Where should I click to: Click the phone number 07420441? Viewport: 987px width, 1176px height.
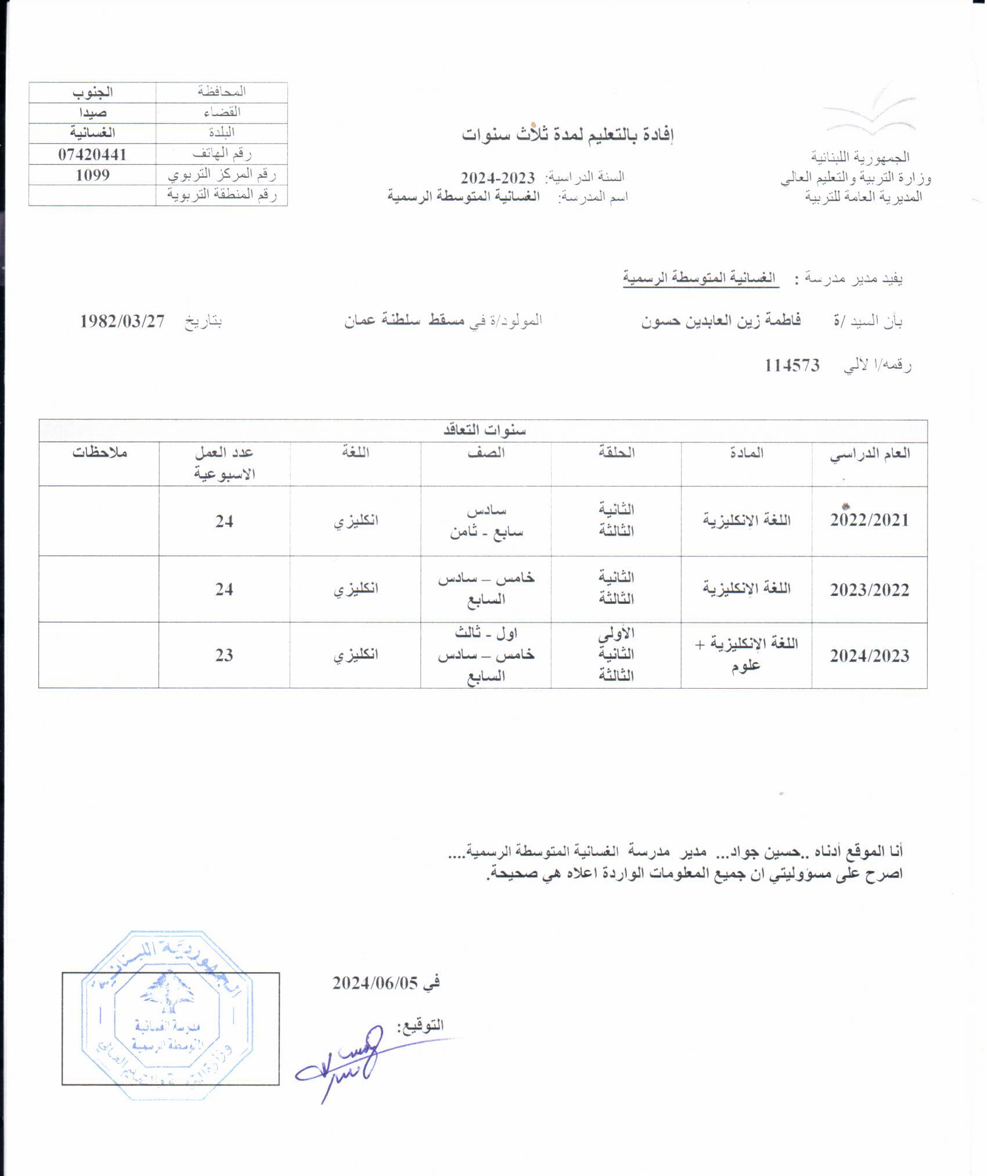pos(92,154)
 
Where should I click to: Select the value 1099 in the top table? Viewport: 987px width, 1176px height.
pos(92,175)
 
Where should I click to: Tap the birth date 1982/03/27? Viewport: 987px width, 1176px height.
pos(123,321)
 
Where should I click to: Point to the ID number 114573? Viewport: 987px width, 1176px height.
pos(792,365)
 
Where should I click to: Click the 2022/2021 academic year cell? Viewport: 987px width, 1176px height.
pos(869,520)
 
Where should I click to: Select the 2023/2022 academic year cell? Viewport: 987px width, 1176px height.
pos(869,590)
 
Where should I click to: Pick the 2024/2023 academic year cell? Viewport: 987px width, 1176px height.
pos(869,656)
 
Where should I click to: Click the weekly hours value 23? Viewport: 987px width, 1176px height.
pos(224,656)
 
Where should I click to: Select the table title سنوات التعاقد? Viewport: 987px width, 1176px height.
pos(484,430)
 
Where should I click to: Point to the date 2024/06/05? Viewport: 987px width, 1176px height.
pos(375,983)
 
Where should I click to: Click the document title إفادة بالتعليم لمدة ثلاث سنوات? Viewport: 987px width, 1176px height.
pos(568,135)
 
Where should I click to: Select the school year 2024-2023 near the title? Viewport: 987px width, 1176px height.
pos(498,177)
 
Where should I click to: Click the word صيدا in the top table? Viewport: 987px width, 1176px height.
pos(92,113)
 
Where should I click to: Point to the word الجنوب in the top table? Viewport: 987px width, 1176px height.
pos(92,92)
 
